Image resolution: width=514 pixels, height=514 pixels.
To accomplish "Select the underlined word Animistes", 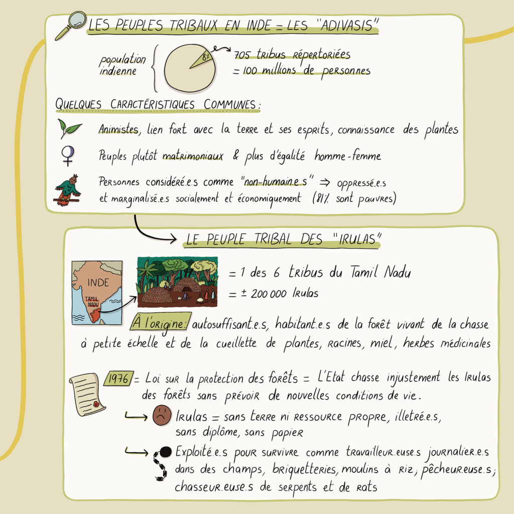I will pos(118,130).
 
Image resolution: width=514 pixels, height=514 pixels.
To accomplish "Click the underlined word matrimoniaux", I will pos(193,157).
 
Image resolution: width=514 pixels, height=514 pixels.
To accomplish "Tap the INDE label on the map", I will pos(97,282).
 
